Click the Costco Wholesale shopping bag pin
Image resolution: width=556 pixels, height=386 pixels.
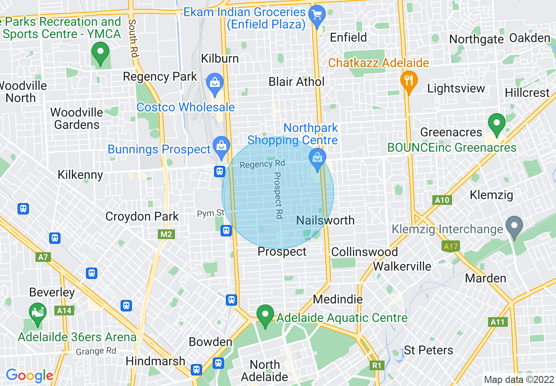pyautogui.click(x=215, y=84)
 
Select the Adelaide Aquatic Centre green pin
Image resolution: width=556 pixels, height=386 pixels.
pyautogui.click(x=265, y=315)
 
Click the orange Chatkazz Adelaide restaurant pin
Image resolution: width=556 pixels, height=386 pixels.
pyautogui.click(x=409, y=81)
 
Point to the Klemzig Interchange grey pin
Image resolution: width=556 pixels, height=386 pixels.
pyautogui.click(x=514, y=226)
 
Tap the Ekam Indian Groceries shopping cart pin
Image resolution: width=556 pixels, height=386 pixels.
pyautogui.click(x=317, y=15)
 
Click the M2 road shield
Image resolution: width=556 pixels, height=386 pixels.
pyautogui.click(x=166, y=234)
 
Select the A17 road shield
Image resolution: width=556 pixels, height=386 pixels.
pyautogui.click(x=451, y=247)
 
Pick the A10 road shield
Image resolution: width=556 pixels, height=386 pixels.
pyautogui.click(x=442, y=200)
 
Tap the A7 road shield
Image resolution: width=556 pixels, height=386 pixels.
pyautogui.click(x=43, y=257)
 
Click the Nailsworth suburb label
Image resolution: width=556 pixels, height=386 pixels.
pyautogui.click(x=325, y=220)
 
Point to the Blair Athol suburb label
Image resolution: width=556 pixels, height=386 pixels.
pyautogui.click(x=296, y=82)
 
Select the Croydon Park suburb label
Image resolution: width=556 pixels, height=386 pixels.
pyautogui.click(x=142, y=216)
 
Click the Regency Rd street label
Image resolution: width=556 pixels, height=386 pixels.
pyautogui.click(x=262, y=164)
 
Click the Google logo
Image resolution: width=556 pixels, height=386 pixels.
pyautogui.click(x=29, y=375)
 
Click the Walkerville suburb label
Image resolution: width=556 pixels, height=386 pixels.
pyautogui.click(x=402, y=266)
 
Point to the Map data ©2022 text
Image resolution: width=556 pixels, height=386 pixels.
pyautogui.click(x=518, y=379)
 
